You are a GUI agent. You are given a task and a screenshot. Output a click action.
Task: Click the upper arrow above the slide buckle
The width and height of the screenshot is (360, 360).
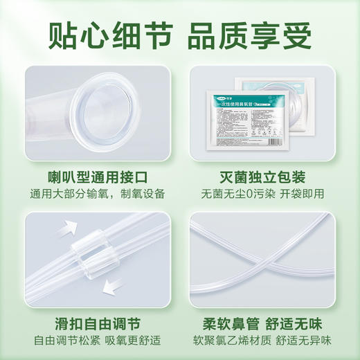pyautogui.click(x=69, y=228)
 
